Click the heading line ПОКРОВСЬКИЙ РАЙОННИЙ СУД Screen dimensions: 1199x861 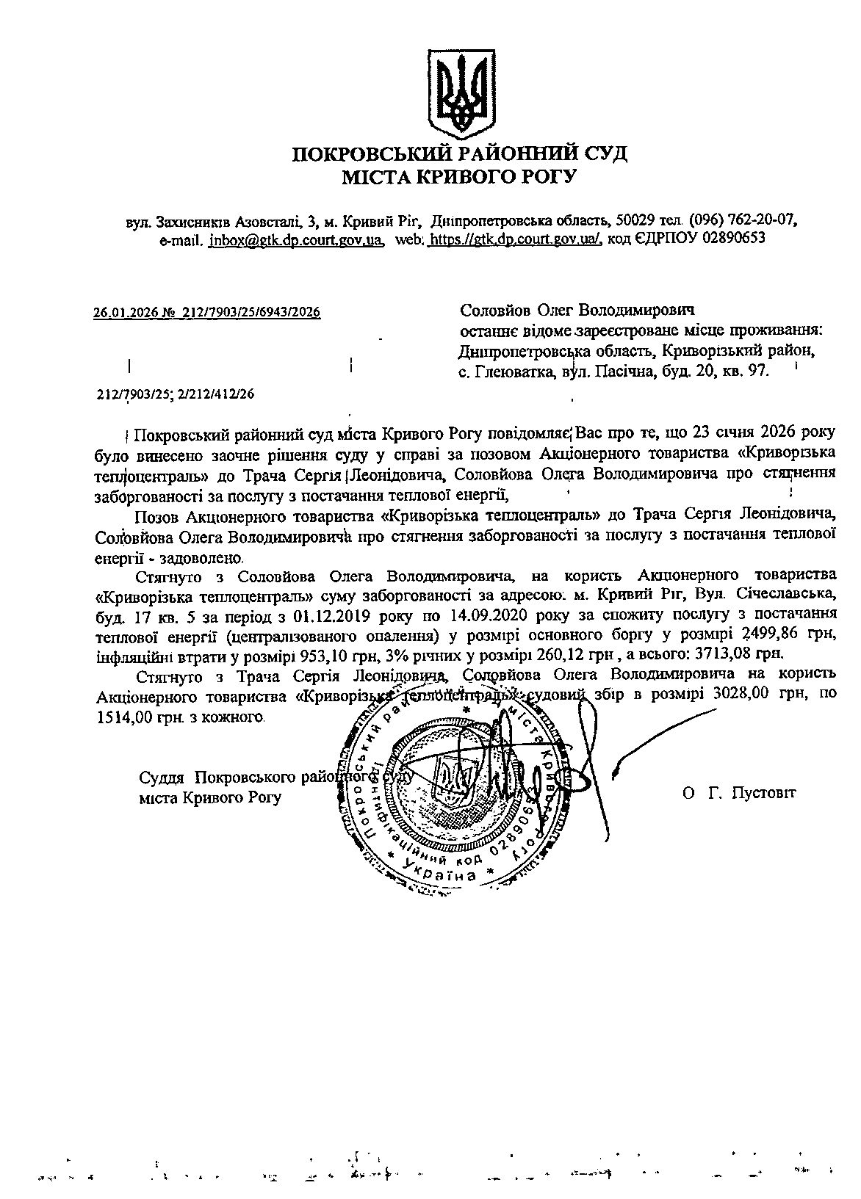pyautogui.click(x=460, y=154)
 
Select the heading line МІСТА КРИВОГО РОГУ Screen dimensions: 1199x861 pyautogui.click(x=460, y=176)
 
